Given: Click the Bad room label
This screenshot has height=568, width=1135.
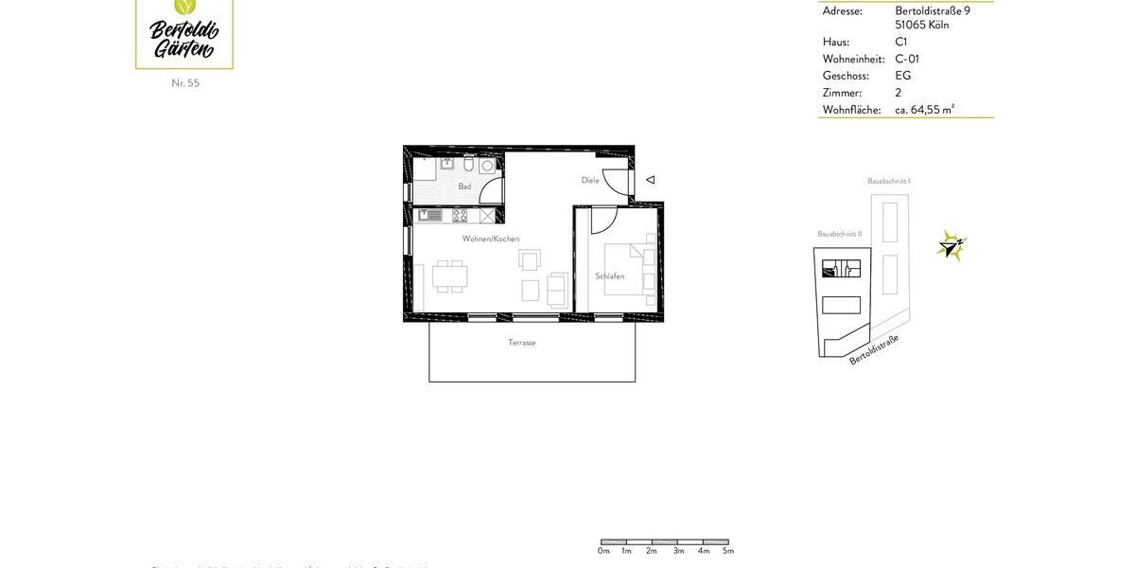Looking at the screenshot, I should pyautogui.click(x=464, y=186).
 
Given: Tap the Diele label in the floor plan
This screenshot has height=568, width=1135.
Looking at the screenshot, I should pyautogui.click(x=590, y=180).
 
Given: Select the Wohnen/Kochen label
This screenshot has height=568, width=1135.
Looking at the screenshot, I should pyautogui.click(x=490, y=239).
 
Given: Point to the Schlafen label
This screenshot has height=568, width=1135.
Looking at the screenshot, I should pyautogui.click(x=609, y=276).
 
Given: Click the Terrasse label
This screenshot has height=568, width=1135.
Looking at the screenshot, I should pyautogui.click(x=521, y=343).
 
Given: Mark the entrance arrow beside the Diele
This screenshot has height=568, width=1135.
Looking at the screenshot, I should pyautogui.click(x=650, y=179).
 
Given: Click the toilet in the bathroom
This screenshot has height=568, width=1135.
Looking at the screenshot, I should pyautogui.click(x=468, y=165).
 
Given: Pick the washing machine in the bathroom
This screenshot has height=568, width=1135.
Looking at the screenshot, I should pyautogui.click(x=487, y=166).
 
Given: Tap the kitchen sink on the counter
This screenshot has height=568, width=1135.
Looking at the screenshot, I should pyautogui.click(x=429, y=216).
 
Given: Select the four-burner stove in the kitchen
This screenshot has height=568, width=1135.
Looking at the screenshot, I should pyautogui.click(x=460, y=216).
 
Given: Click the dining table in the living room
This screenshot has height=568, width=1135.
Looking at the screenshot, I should pyautogui.click(x=449, y=276).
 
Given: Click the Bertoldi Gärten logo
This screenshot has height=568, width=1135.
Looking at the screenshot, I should pyautogui.click(x=184, y=33).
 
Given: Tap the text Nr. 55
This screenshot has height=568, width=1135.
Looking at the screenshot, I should pyautogui.click(x=185, y=83).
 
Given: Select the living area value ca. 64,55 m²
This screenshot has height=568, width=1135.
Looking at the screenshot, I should pyautogui.click(x=924, y=110).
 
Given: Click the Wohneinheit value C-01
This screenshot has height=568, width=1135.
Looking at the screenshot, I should pyautogui.click(x=907, y=59).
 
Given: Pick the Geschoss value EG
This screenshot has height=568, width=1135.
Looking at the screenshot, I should pyautogui.click(x=903, y=76).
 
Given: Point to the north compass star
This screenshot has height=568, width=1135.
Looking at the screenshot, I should pyautogui.click(x=950, y=246).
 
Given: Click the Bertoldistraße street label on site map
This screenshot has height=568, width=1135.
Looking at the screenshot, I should pyautogui.click(x=874, y=349).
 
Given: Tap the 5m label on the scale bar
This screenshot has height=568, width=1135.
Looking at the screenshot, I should pyautogui.click(x=727, y=551).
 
